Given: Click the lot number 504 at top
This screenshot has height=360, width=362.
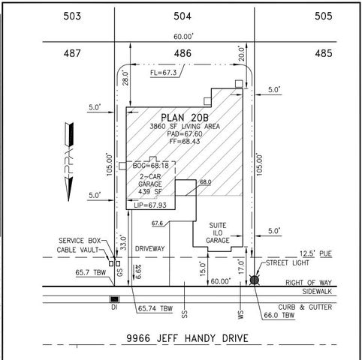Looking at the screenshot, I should (183, 15).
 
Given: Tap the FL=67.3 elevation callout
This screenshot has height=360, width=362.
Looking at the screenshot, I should (164, 73).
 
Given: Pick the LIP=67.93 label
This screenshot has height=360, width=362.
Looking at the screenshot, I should (148, 204).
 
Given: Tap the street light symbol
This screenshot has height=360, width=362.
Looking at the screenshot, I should (255, 280).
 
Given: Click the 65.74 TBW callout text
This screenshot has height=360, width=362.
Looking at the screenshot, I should (155, 308).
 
